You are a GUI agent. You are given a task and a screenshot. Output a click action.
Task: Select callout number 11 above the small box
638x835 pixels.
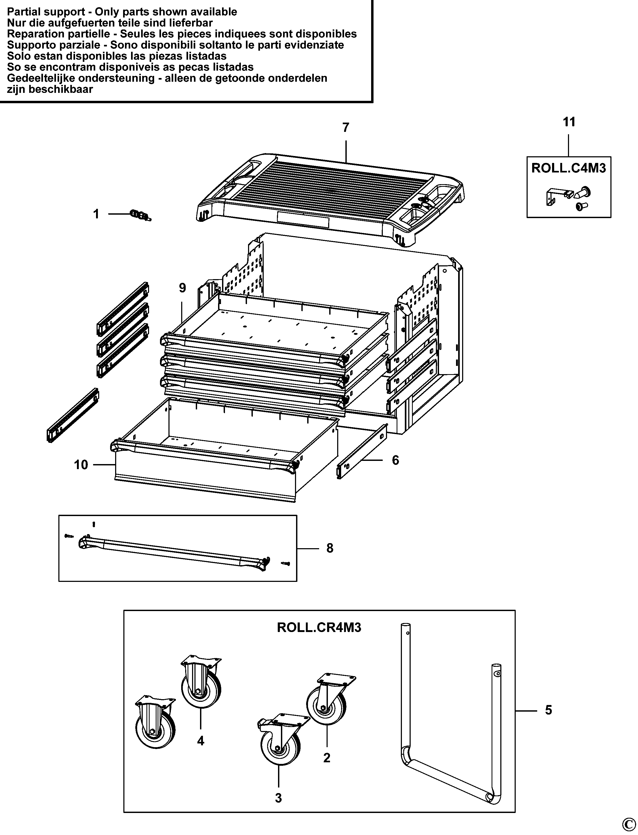(x=569, y=122)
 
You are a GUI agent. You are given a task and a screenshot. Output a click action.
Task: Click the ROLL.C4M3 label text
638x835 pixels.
(x=568, y=168)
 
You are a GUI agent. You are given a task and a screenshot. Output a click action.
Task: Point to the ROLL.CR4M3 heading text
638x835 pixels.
(x=319, y=628)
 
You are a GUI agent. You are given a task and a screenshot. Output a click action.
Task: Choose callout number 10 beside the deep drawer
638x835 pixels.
(x=81, y=465)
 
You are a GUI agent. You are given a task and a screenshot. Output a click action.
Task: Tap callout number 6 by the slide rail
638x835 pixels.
(x=395, y=460)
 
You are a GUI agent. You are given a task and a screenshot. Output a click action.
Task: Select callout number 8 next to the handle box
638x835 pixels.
(x=330, y=548)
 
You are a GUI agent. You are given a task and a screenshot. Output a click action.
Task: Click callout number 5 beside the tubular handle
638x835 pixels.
(x=548, y=710)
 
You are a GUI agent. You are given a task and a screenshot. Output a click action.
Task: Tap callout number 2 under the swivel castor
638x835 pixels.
(x=327, y=758)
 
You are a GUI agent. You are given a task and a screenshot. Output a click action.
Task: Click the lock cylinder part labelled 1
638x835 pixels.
(x=141, y=216)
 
